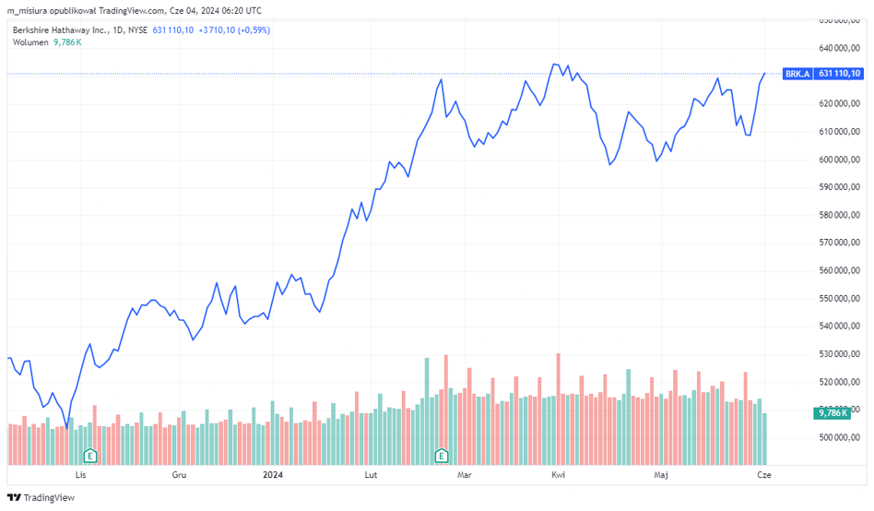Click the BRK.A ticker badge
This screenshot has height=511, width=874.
tap(797, 74)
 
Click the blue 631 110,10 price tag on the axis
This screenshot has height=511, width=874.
tap(839, 74)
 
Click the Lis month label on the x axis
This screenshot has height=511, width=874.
tap(80, 475)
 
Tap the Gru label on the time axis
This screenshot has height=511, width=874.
tap(180, 475)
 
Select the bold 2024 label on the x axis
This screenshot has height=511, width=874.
tap(273, 475)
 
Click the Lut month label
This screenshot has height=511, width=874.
tap(372, 475)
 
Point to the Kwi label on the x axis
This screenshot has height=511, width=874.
tap(558, 475)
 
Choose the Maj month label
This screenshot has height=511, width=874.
tap(660, 475)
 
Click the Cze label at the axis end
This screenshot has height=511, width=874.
tap(763, 475)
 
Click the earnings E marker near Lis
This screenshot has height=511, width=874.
tap(90, 456)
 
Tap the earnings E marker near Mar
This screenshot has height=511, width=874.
tap(442, 456)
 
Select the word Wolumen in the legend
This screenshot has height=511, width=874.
tap(30, 42)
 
